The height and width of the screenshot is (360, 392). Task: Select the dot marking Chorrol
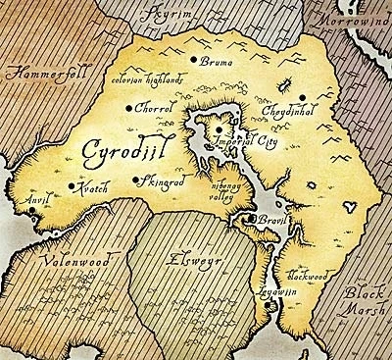pos(128,109)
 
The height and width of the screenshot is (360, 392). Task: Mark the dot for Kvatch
pos(70,185)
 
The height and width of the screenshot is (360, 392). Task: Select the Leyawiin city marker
pos(270,308)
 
